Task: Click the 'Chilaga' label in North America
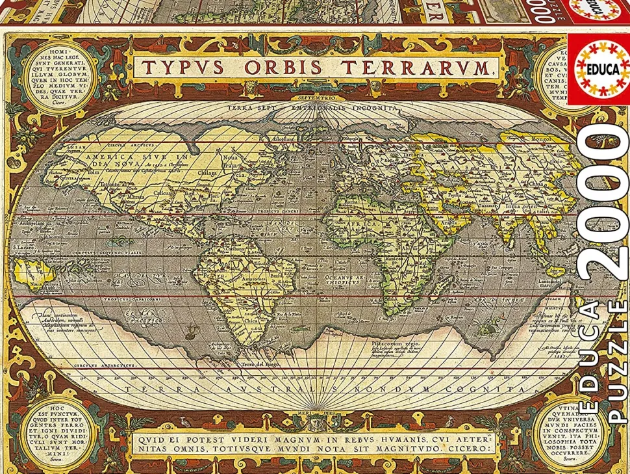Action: (x=210, y=173)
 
